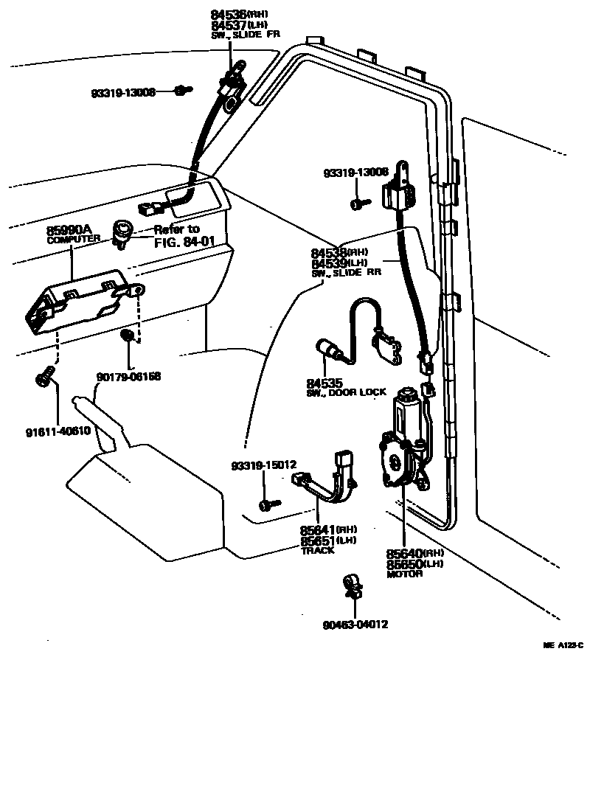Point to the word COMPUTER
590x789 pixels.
(x=73, y=240)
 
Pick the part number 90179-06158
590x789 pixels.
(x=128, y=377)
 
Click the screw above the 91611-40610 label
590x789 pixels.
(x=44, y=377)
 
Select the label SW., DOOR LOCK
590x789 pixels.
(x=346, y=393)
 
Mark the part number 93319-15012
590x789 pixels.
(x=263, y=465)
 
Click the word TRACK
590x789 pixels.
(x=317, y=550)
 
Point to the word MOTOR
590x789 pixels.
(x=405, y=574)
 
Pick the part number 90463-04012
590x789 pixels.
(x=355, y=625)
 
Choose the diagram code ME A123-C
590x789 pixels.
(x=563, y=645)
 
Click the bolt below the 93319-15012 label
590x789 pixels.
(x=268, y=504)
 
